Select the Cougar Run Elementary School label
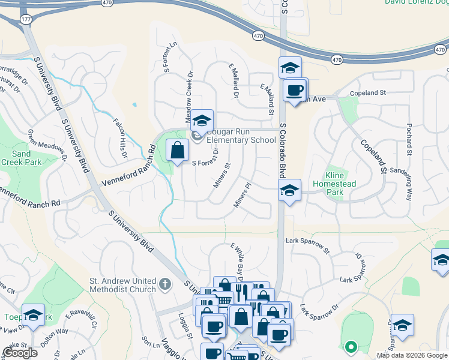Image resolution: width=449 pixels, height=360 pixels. coord(241,136)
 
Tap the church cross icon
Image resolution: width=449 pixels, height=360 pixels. coord(166,282)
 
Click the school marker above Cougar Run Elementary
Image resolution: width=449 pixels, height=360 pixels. coord(202,119)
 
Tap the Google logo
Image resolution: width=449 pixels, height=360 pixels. coord(20,353)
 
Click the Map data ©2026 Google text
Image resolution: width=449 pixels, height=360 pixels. coord(411,355)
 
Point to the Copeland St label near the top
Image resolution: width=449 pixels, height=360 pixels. coord(368,93)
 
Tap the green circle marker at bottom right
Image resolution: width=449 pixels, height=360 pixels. coord(351,346)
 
